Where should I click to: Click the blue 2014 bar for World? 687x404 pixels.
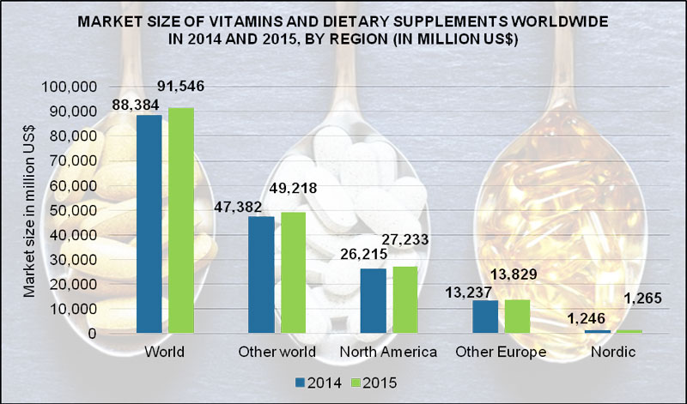point(149,224)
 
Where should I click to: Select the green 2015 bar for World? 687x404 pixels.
point(182,220)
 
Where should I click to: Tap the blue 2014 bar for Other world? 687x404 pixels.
point(261,274)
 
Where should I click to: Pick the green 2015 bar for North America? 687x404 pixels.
point(405,299)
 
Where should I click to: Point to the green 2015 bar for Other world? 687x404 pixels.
point(294,272)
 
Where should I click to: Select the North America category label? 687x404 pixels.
point(388,353)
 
